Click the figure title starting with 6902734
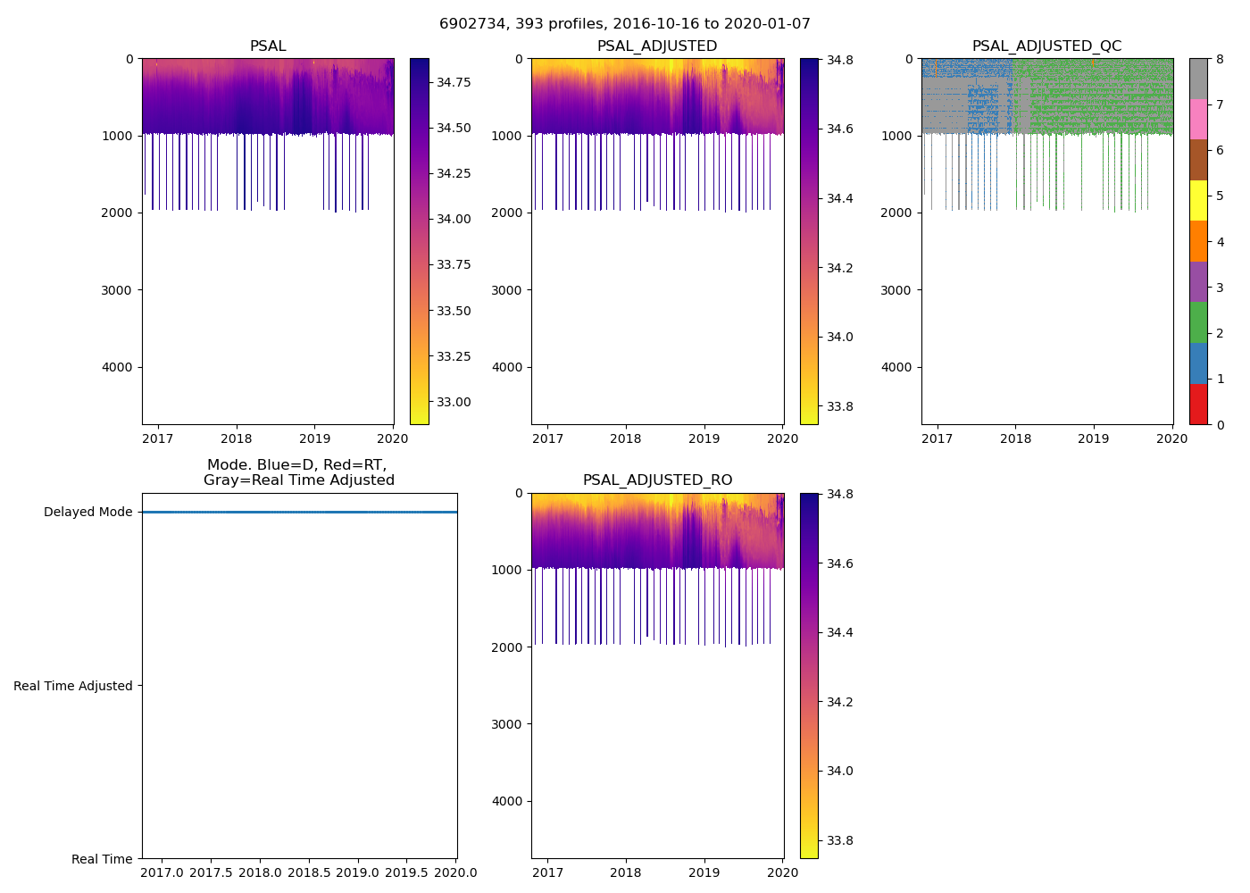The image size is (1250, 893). (624, 24)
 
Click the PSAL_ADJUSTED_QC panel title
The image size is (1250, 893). (1046, 46)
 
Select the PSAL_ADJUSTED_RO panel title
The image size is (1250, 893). (657, 480)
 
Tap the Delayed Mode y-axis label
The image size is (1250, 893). (87, 513)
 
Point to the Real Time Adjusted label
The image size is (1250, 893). (73, 686)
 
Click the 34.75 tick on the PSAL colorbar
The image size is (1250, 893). (454, 82)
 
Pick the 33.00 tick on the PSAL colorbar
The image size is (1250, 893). (454, 402)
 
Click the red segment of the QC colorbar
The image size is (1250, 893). (1198, 404)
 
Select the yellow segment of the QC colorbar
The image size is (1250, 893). (1198, 200)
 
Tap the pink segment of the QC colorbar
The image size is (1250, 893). (1198, 119)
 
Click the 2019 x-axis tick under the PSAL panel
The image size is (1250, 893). (314, 438)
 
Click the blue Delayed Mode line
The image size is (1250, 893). (299, 513)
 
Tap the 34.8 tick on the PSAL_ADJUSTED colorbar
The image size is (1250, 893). (839, 60)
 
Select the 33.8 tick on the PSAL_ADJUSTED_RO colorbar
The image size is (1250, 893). (839, 840)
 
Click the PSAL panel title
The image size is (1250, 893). (268, 46)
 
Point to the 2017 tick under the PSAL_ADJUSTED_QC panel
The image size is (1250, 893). (937, 438)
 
